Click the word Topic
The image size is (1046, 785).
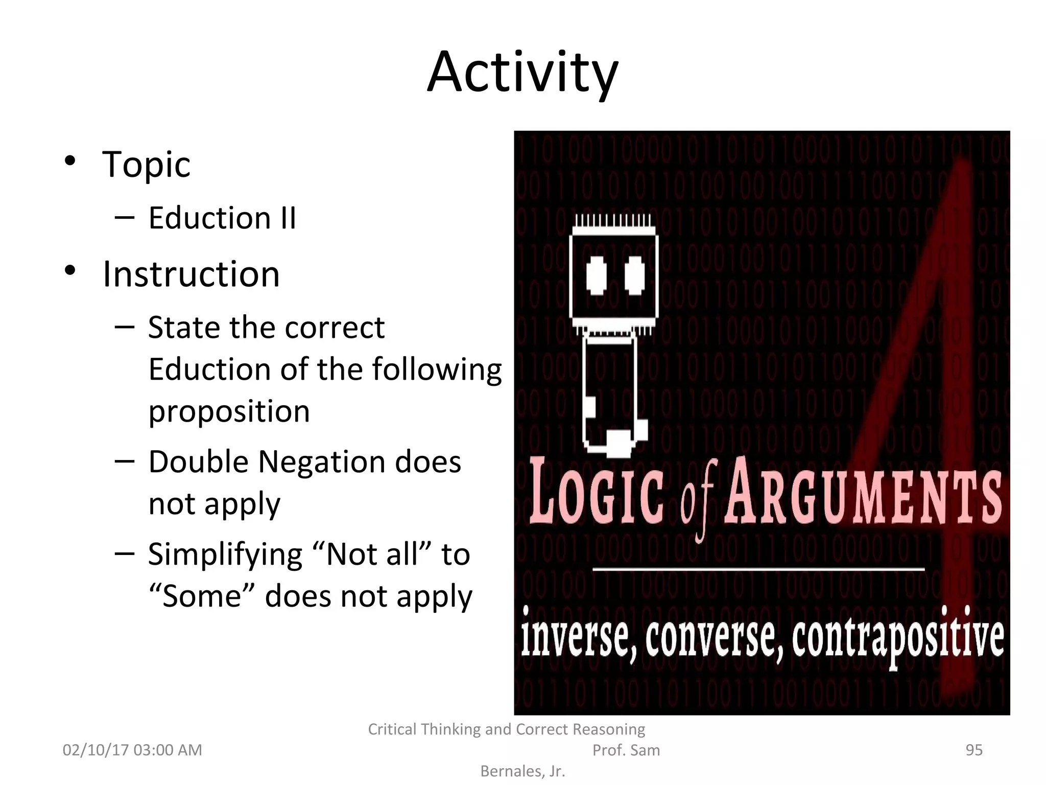(x=146, y=165)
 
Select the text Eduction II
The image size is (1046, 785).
(x=222, y=218)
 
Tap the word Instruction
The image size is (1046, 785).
(x=191, y=274)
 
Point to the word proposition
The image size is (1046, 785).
(x=229, y=411)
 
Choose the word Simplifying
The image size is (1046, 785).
(x=225, y=555)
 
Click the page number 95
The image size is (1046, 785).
(x=974, y=750)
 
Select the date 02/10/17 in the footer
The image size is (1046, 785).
(x=96, y=750)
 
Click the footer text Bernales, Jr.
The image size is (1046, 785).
(x=522, y=771)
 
